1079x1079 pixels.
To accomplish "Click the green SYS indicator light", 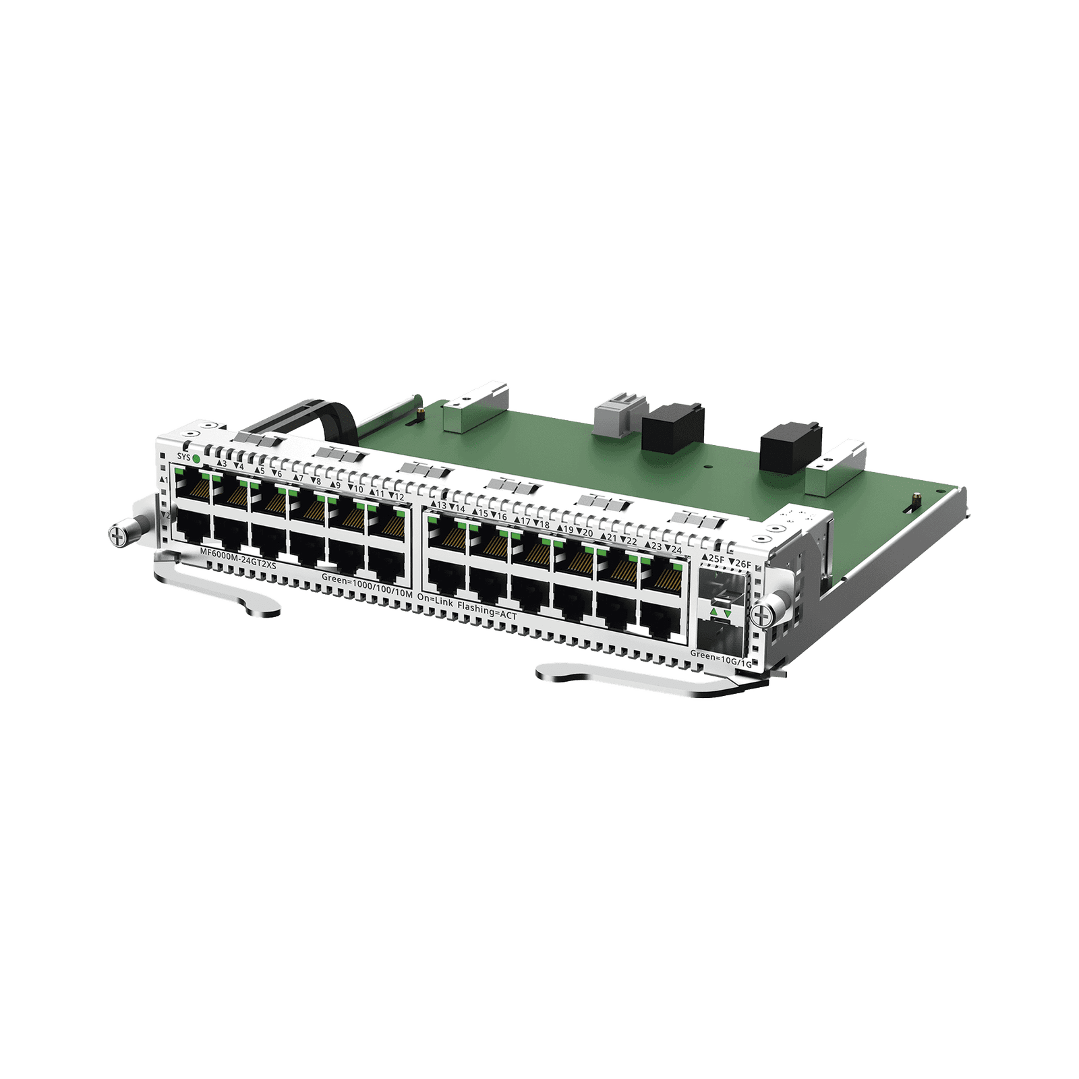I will pos(196,459).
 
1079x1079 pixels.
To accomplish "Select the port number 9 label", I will pos(335,485).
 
